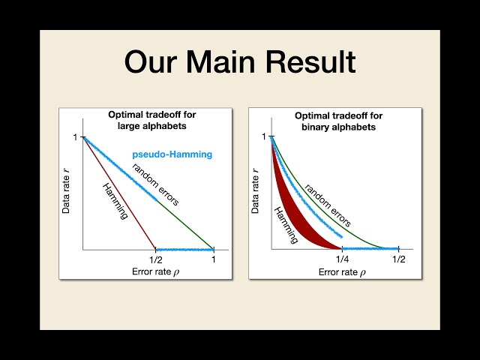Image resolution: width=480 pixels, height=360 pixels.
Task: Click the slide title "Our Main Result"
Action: [239, 62]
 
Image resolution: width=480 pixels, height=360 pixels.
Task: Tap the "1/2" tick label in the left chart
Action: [155, 259]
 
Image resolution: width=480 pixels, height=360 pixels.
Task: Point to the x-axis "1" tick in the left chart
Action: [214, 259]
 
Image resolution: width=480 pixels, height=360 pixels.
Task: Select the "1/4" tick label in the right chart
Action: [342, 259]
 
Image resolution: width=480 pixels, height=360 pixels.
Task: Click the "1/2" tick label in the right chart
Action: [398, 259]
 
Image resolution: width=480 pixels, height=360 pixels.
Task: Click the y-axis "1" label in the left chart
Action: [75, 137]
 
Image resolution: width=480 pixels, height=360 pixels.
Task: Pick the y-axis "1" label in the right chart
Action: [263, 137]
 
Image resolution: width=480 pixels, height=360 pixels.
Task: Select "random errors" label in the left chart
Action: [156, 184]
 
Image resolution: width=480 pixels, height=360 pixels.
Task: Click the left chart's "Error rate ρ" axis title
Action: [148, 271]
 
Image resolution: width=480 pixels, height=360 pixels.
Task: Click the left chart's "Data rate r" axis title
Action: [66, 190]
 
